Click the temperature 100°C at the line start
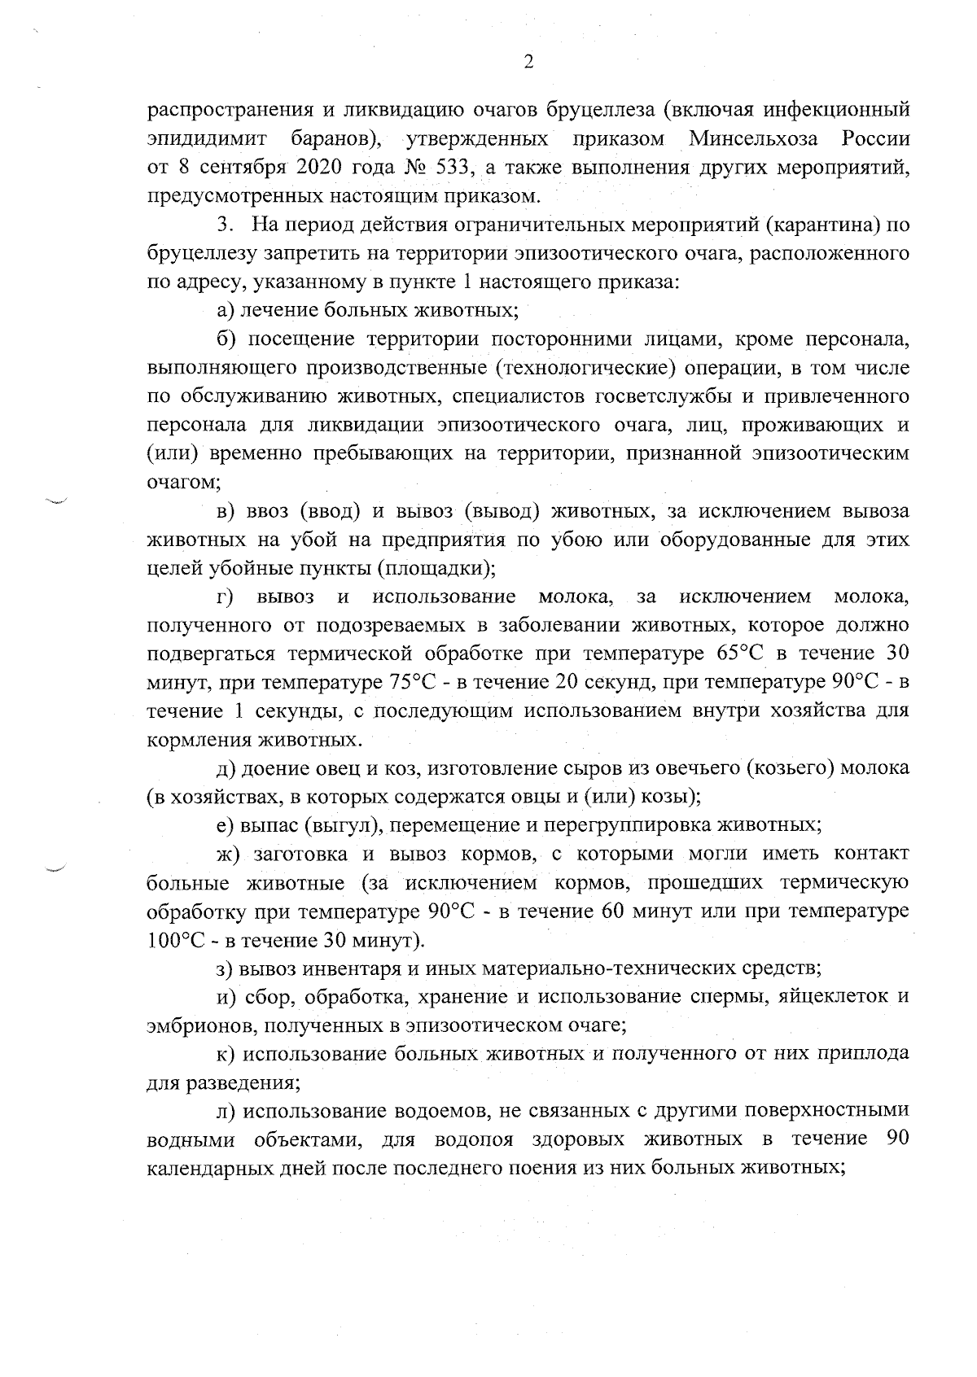[175, 940]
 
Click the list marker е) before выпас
[225, 825]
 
